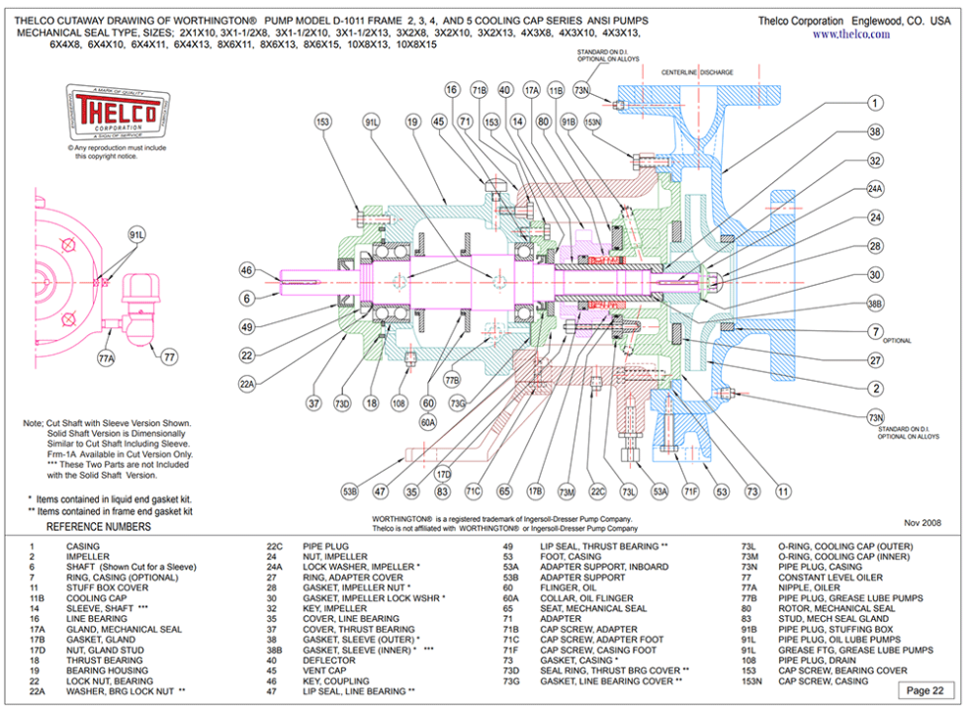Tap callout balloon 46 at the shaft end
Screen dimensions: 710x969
(x=247, y=270)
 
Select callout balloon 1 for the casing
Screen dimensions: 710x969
(x=875, y=103)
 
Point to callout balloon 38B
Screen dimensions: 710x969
(x=875, y=305)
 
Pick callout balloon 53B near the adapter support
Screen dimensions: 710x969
(x=350, y=489)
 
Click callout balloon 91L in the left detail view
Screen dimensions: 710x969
(x=137, y=234)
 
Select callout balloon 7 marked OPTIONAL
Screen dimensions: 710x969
(x=875, y=331)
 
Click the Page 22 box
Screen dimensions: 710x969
(x=928, y=690)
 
